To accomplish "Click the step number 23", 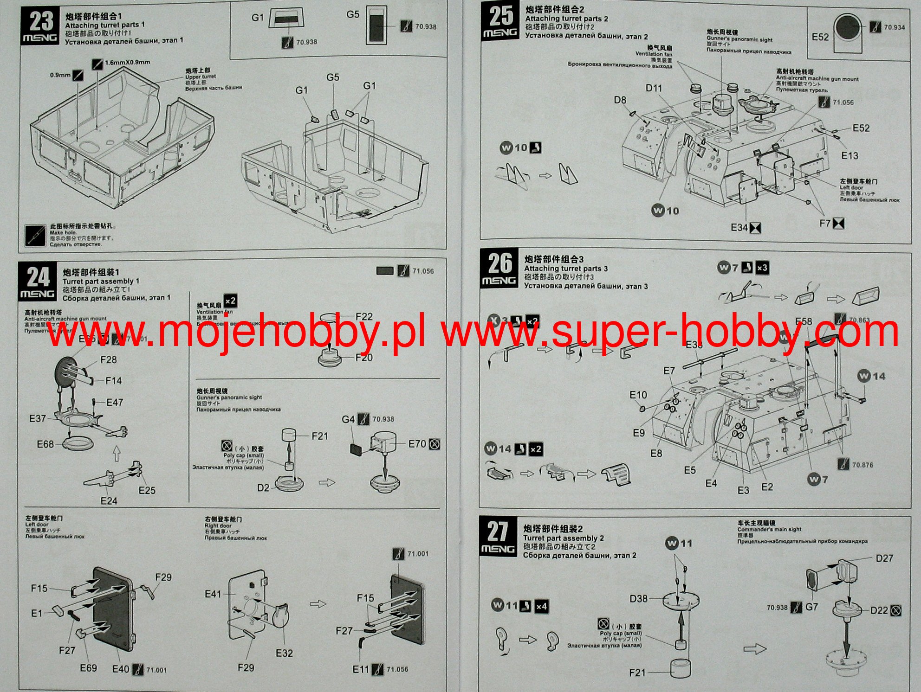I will click(x=41, y=21).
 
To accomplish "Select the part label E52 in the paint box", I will click(x=820, y=37).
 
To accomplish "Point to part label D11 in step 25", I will click(x=654, y=88).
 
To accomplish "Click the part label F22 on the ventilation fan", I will click(x=364, y=317).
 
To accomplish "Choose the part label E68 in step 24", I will click(x=45, y=444).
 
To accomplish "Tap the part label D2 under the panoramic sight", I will click(x=263, y=488).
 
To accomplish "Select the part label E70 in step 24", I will click(x=417, y=444).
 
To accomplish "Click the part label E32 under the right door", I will click(x=284, y=653).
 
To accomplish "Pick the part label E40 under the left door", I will click(x=121, y=669).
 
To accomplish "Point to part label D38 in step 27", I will click(x=638, y=599).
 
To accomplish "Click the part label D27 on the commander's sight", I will click(x=884, y=558).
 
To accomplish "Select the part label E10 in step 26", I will click(x=638, y=395).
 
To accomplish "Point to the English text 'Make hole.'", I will click(x=64, y=232).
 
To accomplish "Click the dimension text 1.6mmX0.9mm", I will click(x=127, y=62).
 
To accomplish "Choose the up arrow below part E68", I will click(x=117, y=454).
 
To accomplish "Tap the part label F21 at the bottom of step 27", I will click(x=637, y=673).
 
